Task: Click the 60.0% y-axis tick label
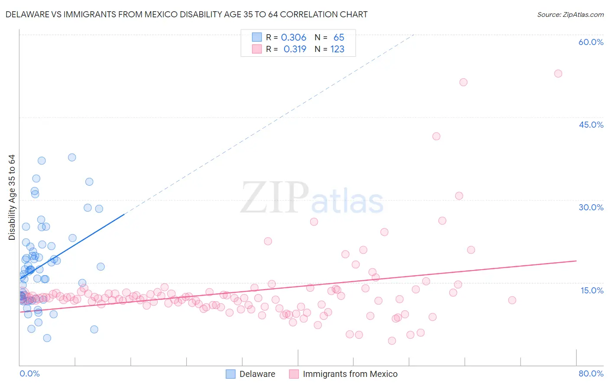pos(591,42)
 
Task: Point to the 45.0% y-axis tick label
pos(591,125)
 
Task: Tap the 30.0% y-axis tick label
pos(591,207)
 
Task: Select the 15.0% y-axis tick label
pos(592,290)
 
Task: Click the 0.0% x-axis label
pos(29,373)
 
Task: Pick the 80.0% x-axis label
pos(591,373)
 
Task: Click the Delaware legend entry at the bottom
pos(257,374)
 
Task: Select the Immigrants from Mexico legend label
pos(350,374)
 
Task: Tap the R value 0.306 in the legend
pos(294,38)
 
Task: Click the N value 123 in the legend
pos(337,49)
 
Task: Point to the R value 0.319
pos(295,49)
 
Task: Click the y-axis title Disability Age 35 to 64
pos(12,197)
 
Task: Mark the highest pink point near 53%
pos(558,74)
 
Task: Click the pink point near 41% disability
pos(436,136)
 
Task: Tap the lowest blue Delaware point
pos(47,338)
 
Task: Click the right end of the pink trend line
pos(576,261)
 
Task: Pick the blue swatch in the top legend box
pos(257,38)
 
